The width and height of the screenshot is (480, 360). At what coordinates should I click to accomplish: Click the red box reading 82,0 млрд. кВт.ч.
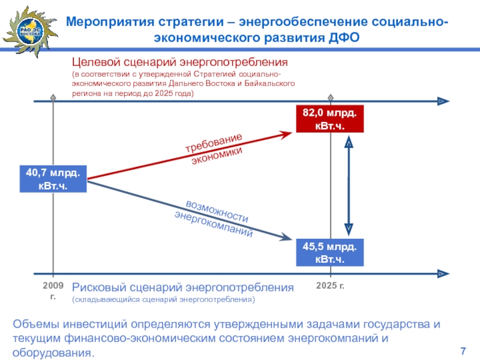(x=329, y=119)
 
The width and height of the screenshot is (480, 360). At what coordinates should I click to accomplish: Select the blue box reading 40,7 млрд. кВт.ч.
(x=53, y=179)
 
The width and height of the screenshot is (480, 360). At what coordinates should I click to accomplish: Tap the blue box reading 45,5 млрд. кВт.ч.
(x=329, y=253)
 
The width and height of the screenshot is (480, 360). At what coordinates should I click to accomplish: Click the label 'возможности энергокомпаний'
(x=215, y=217)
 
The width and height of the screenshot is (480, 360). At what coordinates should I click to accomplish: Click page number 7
(x=463, y=351)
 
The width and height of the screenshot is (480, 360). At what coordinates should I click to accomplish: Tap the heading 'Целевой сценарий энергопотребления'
(x=181, y=62)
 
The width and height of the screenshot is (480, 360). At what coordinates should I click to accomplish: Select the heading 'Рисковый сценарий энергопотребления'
(x=183, y=287)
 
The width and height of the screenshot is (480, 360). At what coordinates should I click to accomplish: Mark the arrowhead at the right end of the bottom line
(x=442, y=274)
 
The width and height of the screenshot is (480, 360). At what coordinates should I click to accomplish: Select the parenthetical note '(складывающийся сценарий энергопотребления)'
(x=163, y=299)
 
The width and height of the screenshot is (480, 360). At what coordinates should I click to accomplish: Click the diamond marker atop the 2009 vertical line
(x=53, y=97)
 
